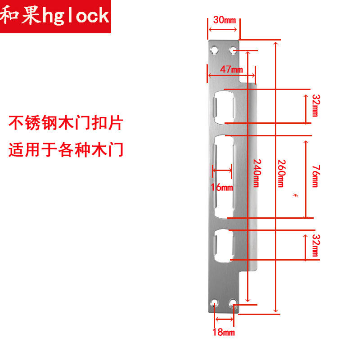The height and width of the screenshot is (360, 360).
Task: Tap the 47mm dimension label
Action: click(231, 69)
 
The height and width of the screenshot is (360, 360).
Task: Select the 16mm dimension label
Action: click(222, 187)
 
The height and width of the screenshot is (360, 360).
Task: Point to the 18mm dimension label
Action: click(224, 333)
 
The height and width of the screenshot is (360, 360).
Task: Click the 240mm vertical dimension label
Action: click(256, 173)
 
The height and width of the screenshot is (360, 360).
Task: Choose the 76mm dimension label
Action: click(315, 176)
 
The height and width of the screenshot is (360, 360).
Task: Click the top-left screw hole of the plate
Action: click(215, 49)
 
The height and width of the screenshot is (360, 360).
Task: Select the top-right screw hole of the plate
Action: click(233, 49)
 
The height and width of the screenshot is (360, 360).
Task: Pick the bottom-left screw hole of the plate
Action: click(215, 303)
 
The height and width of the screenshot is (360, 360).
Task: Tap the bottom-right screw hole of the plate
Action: click(233, 303)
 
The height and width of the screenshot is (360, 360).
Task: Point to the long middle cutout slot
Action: click(224, 176)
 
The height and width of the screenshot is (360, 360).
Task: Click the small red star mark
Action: click(296, 195)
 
